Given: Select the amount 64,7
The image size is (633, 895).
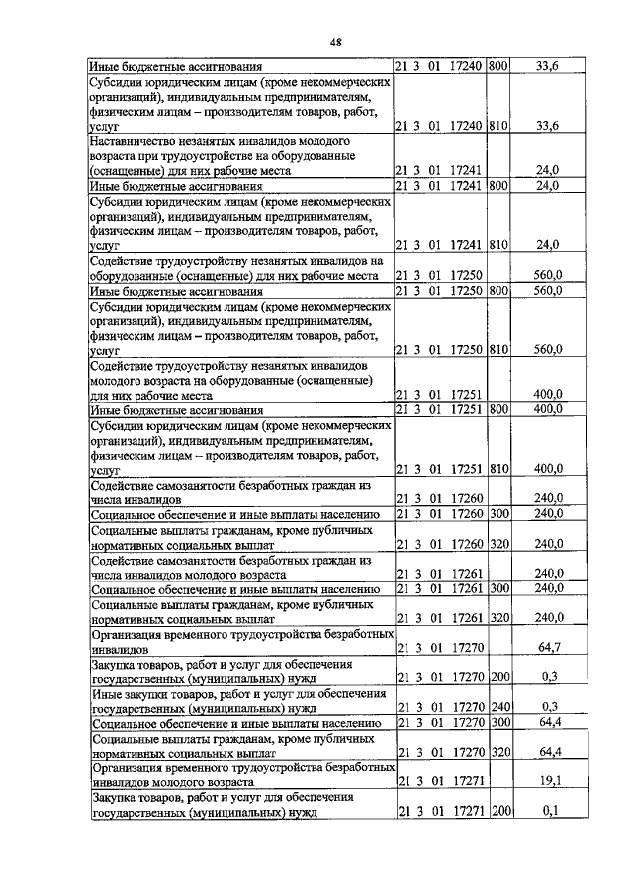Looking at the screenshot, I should coord(548,648).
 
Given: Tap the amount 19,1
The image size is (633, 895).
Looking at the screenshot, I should coord(548,779).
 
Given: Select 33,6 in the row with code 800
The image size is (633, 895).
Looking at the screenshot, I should coord(547,66).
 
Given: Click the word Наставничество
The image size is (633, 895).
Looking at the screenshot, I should coord(136,141).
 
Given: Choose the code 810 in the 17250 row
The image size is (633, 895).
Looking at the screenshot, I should coord(498,349).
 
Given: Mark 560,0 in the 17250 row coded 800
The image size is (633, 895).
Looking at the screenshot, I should coord(547,291).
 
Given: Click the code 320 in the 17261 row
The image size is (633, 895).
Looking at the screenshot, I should coord(498,617).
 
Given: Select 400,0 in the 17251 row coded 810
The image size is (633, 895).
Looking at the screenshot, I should coord(548,468).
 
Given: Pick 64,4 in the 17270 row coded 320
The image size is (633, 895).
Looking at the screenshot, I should coord(548,752).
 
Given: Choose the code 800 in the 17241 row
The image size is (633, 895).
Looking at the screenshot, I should coord(498,185).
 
